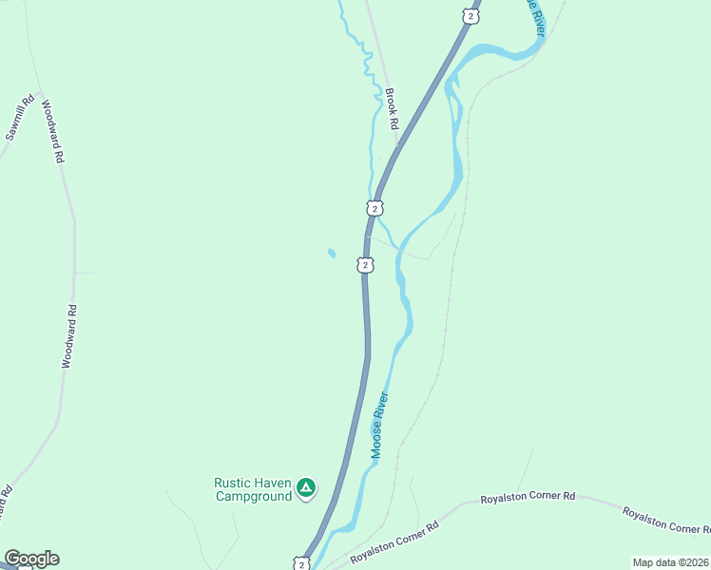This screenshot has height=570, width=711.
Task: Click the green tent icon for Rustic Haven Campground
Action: coord(305,488)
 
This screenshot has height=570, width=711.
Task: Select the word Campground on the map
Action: coord(253,496)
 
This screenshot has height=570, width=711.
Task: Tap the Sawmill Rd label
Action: coord(20,118)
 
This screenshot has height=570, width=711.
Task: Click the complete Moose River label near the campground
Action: coord(381,425)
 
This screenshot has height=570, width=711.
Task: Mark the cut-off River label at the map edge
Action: coord(536,16)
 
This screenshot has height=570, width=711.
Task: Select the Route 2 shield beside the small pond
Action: coord(365,265)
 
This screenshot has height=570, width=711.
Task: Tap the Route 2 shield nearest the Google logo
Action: coord(301,564)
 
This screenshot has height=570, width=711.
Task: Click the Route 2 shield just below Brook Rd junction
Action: coord(375,208)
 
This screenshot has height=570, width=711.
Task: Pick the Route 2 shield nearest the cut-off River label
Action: coord(470,16)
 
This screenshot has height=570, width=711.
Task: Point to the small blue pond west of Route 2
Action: coord(331,254)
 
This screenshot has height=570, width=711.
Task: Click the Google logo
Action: coord(31,559)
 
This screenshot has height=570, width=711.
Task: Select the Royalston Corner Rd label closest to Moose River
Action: coord(394,541)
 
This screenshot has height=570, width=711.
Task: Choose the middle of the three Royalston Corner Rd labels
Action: coord(528,497)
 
